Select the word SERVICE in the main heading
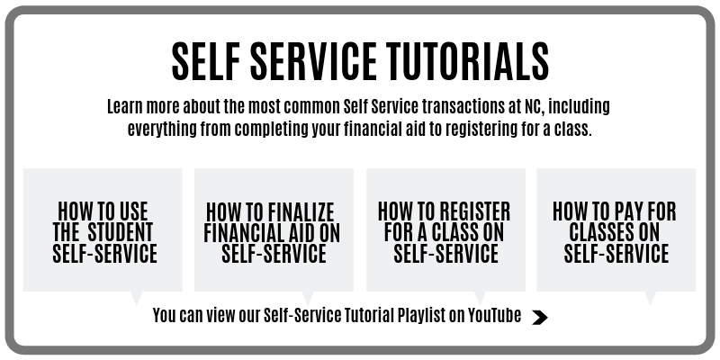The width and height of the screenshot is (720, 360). pyautogui.click(x=304, y=60)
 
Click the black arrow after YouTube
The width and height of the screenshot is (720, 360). pyautogui.click(x=539, y=317)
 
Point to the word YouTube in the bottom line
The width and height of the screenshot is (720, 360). pyautogui.click(x=494, y=315)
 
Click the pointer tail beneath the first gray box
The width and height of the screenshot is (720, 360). pyautogui.click(x=137, y=297)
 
